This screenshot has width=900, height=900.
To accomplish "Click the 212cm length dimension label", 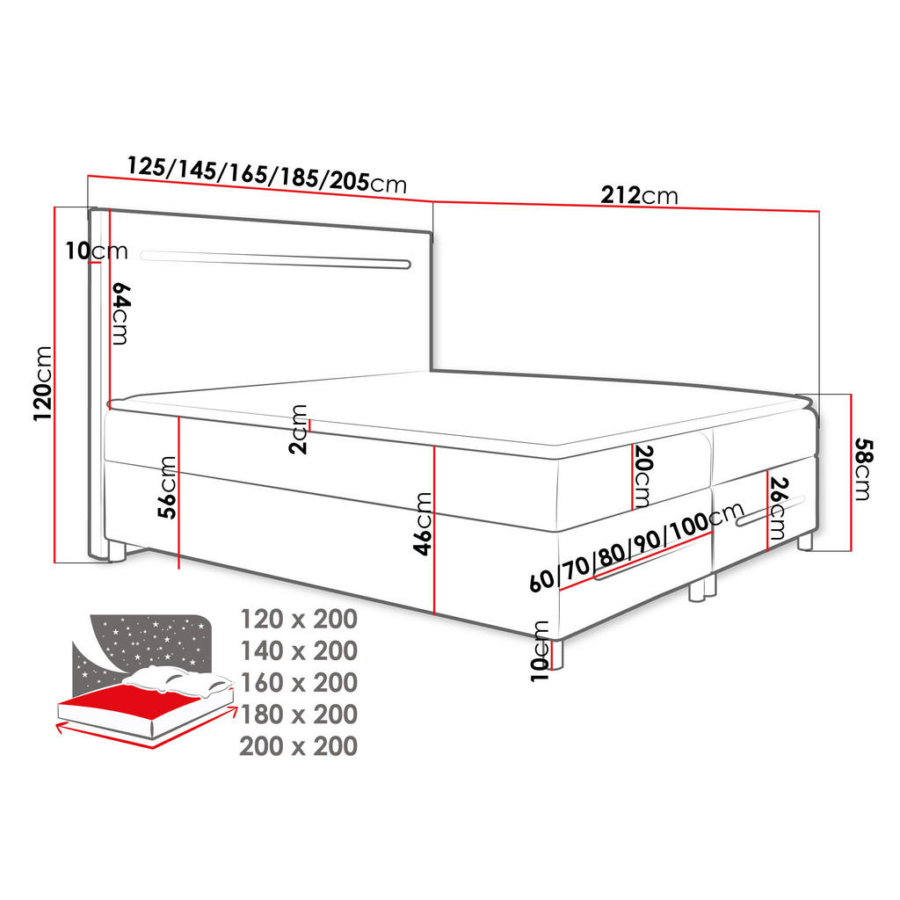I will pyautogui.click(x=639, y=195).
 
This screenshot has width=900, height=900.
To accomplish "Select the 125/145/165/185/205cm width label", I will pyautogui.click(x=267, y=174).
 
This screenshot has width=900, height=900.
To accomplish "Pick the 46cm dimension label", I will pyautogui.click(x=423, y=523).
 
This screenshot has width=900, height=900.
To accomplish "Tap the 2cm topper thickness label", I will pyautogui.click(x=300, y=428).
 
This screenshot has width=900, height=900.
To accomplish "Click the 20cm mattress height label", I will pyautogui.click(x=642, y=476).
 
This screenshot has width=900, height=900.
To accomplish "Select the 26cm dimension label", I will pyautogui.click(x=777, y=507).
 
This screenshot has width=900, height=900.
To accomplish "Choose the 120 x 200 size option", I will pyautogui.click(x=299, y=620).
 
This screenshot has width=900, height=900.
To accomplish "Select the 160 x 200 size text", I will pyautogui.click(x=299, y=683).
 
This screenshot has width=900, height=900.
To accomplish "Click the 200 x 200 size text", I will pyautogui.click(x=299, y=747).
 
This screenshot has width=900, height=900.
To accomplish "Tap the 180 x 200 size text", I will pyautogui.click(x=299, y=715).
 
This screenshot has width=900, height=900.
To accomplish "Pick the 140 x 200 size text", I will pyautogui.click(x=299, y=651).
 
